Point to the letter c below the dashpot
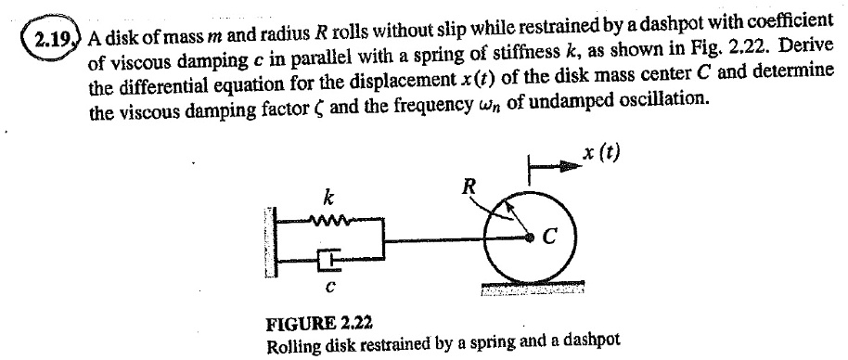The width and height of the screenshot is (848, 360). (328, 288)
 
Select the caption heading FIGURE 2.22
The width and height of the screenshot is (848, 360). (319, 324)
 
